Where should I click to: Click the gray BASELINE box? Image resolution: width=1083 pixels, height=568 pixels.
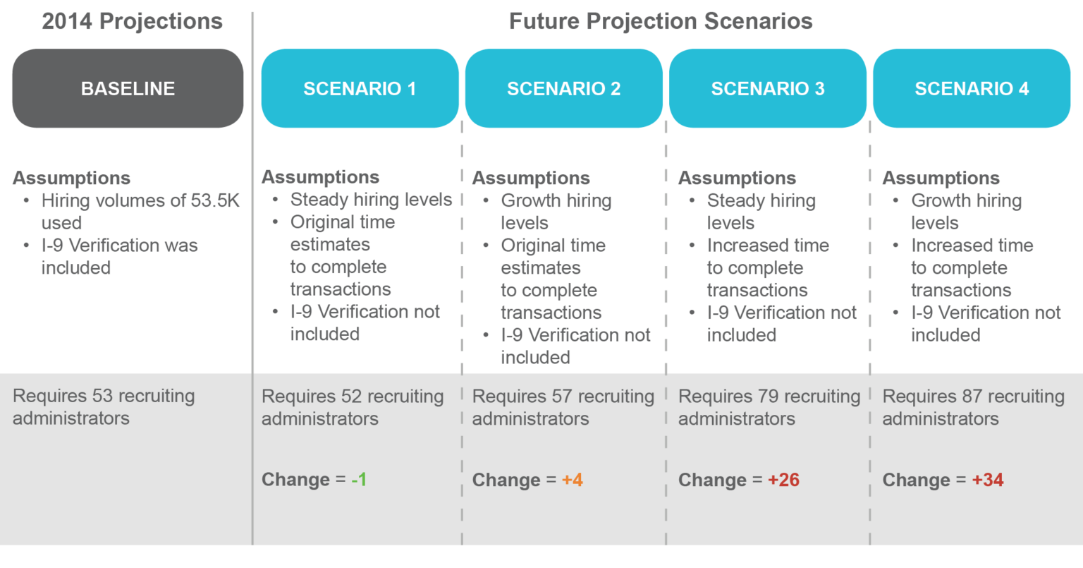[128, 88]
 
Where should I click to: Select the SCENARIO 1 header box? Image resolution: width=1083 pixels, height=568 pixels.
[360, 88]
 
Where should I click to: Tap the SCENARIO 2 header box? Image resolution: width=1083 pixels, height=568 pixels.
[564, 88]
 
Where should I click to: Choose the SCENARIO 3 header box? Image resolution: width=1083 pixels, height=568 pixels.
[768, 88]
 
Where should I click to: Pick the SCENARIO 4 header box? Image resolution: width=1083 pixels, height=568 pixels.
[972, 88]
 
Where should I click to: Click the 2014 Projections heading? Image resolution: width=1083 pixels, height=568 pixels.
[132, 21]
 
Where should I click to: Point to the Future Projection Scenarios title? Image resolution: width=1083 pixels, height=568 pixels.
[661, 21]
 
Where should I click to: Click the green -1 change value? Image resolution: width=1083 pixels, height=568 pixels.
[359, 480]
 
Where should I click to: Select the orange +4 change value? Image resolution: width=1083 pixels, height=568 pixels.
[573, 480]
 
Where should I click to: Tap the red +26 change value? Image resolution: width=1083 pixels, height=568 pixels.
[784, 480]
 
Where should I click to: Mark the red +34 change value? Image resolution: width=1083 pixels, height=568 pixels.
[988, 480]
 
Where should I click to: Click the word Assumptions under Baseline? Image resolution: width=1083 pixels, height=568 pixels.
[71, 178]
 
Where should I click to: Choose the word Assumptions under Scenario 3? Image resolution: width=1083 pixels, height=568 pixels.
[738, 178]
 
